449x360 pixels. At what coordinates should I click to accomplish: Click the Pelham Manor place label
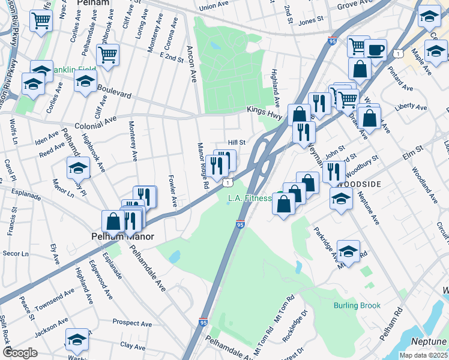(122, 236)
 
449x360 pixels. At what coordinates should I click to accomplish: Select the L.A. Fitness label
(250, 198)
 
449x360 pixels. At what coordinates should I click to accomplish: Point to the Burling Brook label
(357, 305)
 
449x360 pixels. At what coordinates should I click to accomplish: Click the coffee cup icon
(375, 50)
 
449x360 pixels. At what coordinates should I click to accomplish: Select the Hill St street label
(237, 142)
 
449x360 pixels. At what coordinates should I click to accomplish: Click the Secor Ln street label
(16, 253)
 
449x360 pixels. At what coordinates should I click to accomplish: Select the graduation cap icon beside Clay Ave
(77, 339)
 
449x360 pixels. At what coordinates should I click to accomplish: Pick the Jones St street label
(311, 21)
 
